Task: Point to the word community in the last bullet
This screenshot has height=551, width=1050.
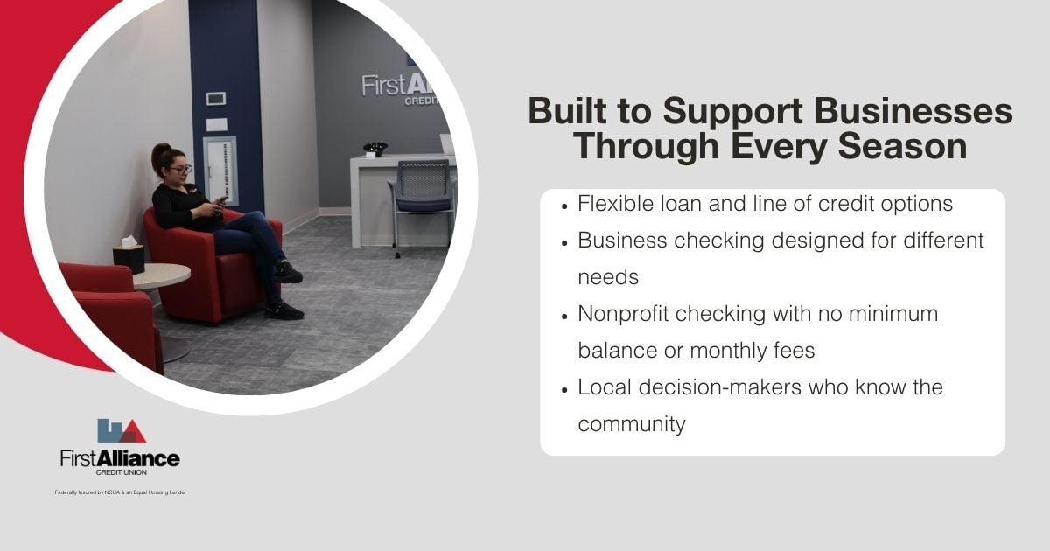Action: pos(631,424)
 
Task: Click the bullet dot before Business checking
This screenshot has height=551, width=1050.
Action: pos(565,241)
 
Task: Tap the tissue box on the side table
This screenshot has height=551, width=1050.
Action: pos(129,257)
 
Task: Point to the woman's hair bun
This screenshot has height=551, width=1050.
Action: pos(160,150)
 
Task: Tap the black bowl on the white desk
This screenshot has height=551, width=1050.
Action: pos(375,149)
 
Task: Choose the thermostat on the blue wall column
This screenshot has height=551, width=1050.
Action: pos(216,99)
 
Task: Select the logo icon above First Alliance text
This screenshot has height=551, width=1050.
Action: pos(121,430)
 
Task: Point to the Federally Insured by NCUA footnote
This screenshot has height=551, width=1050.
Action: pos(120,492)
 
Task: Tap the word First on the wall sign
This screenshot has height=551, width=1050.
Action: pos(381,86)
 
